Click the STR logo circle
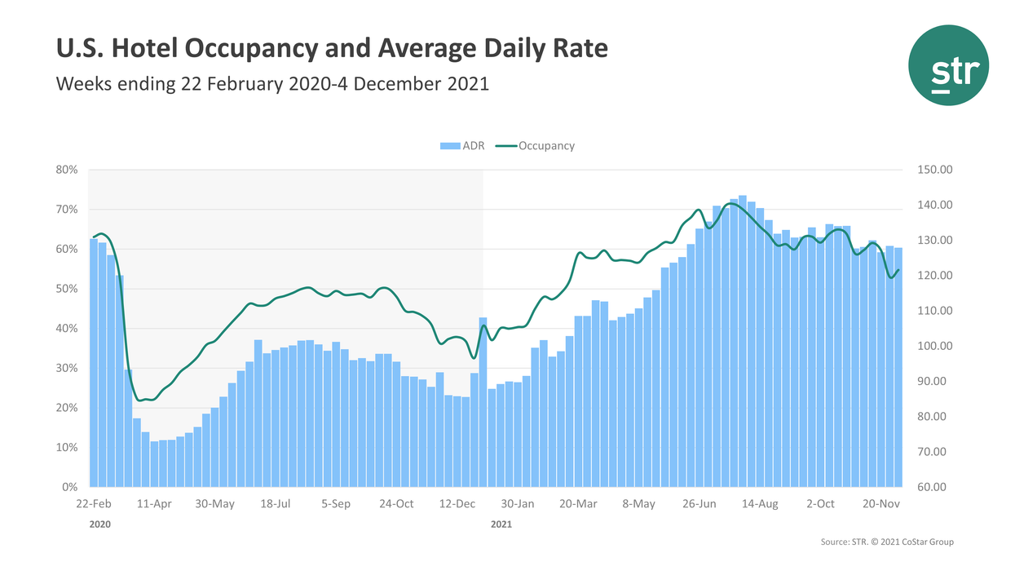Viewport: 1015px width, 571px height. point(949,65)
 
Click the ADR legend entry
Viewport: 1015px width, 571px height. point(462,146)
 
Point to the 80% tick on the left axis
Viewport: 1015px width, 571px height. point(67,170)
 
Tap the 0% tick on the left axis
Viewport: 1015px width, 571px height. point(69,487)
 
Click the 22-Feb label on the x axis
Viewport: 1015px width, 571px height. point(94,504)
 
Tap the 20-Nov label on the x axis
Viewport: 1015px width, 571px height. point(880,504)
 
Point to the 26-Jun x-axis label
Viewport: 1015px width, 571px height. point(699,504)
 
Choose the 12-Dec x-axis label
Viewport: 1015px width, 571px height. point(457,504)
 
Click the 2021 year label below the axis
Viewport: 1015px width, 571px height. point(501,525)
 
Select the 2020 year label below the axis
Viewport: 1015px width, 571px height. point(99,525)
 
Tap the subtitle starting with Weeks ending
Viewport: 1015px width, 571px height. point(272,83)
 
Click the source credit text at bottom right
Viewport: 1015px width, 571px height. point(886,542)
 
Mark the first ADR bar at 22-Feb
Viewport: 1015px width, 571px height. point(94,363)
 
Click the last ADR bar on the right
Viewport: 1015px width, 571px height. point(898,367)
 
